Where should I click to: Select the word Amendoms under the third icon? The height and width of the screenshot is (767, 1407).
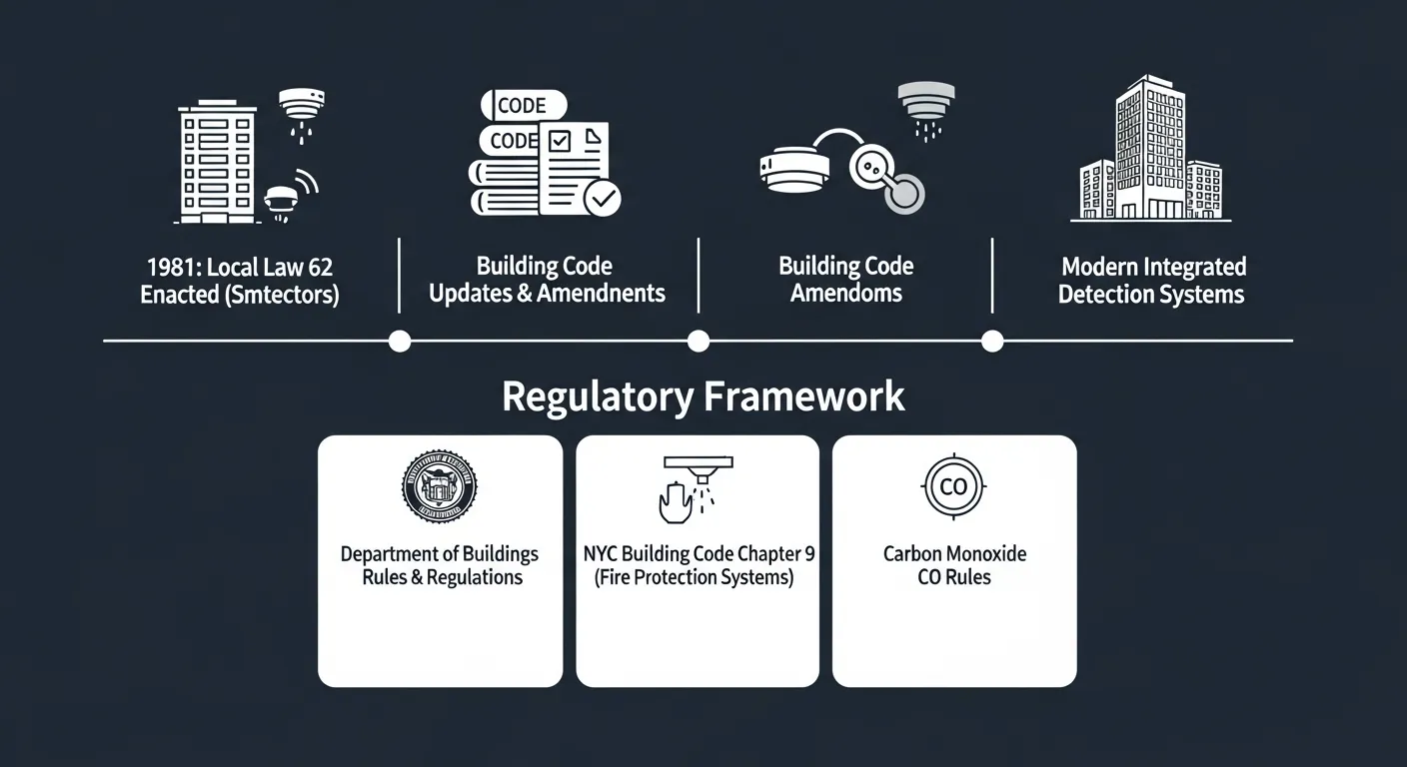coord(846,294)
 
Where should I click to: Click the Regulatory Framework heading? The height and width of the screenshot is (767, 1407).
coord(703,396)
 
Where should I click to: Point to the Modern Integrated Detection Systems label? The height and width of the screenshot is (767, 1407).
coord(1152,281)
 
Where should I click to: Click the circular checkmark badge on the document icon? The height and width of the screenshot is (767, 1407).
coord(602,198)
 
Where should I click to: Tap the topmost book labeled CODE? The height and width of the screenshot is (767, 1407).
coord(523,105)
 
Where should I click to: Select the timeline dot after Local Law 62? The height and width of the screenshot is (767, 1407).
coord(399,342)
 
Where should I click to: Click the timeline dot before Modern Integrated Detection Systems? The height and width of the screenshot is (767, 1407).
coord(991,342)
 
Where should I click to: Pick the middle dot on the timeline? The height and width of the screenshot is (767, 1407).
coord(699,342)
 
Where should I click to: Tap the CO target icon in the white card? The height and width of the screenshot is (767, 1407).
coord(954,486)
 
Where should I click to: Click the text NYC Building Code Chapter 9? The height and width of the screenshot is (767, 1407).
coord(699,554)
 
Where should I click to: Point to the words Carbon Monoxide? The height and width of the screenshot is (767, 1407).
coord(954,554)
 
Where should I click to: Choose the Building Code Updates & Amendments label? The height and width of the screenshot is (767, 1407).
coord(547,281)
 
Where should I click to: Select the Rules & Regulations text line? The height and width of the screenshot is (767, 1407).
coord(442,578)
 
